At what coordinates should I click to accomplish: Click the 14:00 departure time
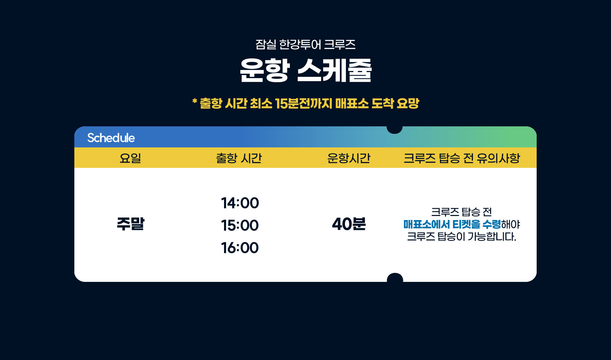(240, 203)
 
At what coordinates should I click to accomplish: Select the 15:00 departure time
(240, 226)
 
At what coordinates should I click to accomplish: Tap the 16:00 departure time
(240, 248)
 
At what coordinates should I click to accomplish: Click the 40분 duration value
(349, 224)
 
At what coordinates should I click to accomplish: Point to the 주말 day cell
(131, 224)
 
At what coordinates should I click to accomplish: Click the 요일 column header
(130, 158)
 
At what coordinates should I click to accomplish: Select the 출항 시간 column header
(239, 158)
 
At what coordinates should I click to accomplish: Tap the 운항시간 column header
(349, 158)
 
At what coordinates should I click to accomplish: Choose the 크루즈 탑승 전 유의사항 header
(462, 158)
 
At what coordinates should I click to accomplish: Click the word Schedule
(111, 138)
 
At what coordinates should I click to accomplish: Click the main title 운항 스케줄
(306, 70)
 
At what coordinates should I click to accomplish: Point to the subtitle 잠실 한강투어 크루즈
(305, 44)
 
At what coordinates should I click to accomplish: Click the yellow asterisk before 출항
(195, 101)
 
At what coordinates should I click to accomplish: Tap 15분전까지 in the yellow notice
(303, 103)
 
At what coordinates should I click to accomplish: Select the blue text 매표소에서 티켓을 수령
(452, 224)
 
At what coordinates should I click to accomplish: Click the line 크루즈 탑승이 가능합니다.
(462, 236)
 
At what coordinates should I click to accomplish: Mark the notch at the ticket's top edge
(394, 129)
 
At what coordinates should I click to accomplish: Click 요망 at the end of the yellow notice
(408, 103)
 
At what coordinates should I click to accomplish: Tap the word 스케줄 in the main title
(335, 70)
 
